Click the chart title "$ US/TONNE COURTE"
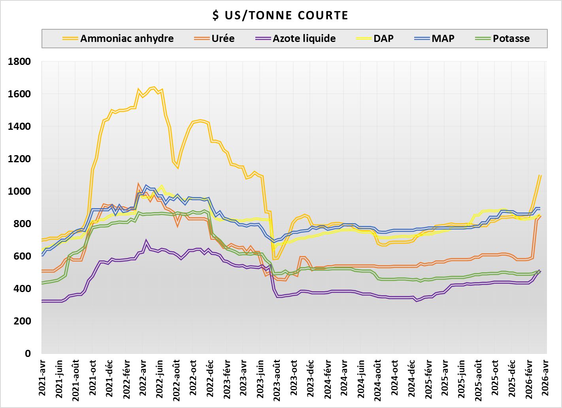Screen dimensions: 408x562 tap(281, 15)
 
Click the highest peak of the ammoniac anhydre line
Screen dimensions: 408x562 tap(154, 87)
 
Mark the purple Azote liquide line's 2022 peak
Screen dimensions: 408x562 tap(146, 240)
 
